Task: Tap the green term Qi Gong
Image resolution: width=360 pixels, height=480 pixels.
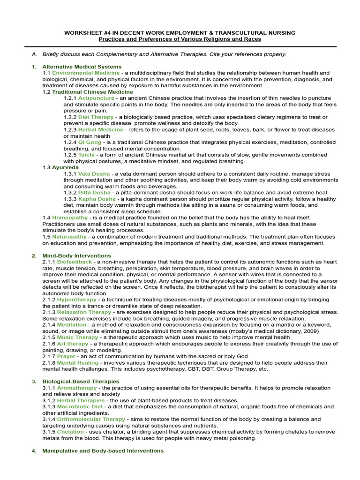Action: (x=90, y=142)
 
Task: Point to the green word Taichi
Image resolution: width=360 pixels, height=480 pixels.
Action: (x=87, y=155)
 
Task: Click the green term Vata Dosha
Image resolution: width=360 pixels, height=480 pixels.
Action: (x=94, y=173)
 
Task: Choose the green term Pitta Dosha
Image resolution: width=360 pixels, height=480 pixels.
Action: (x=94, y=192)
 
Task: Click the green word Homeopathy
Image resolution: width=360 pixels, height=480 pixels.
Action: (x=70, y=217)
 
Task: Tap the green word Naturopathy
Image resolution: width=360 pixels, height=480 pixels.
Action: (x=69, y=237)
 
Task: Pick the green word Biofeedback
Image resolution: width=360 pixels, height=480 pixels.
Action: (x=74, y=262)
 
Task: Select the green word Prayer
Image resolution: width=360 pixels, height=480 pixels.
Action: (x=66, y=356)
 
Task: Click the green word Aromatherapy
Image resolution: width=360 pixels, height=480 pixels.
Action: (x=77, y=388)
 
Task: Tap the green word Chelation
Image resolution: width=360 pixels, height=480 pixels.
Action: (x=70, y=432)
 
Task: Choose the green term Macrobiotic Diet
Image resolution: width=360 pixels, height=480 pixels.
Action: (x=80, y=407)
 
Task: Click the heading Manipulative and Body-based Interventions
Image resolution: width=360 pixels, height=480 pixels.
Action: (x=103, y=450)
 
